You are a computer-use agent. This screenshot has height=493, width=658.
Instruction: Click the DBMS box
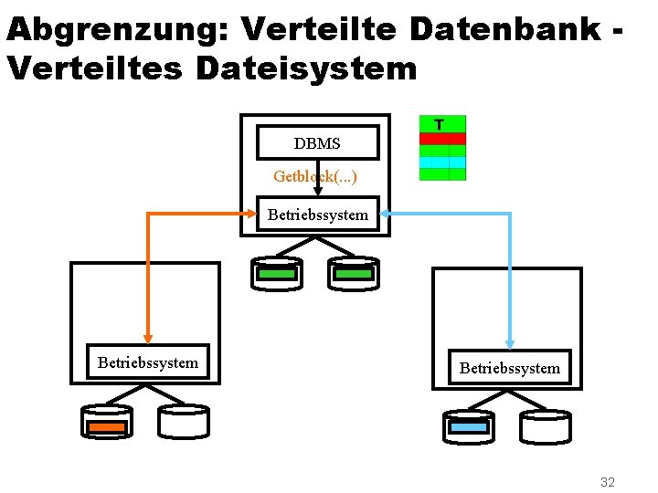click(x=317, y=143)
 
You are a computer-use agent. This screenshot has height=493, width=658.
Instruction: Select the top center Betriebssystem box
click(x=317, y=215)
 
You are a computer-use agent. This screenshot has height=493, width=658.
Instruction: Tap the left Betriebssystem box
click(x=147, y=362)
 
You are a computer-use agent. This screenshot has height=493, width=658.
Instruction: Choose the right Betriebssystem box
click(x=509, y=368)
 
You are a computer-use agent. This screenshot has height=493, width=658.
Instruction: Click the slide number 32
click(x=608, y=481)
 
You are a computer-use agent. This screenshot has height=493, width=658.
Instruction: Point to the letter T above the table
click(x=440, y=124)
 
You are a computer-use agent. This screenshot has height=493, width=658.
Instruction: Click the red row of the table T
click(x=442, y=139)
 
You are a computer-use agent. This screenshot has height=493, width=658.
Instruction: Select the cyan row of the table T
click(x=442, y=162)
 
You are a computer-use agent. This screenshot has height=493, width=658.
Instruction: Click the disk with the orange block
click(x=107, y=424)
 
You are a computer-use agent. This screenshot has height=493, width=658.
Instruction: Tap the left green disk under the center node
click(x=276, y=273)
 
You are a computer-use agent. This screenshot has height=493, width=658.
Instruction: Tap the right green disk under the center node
click(x=354, y=273)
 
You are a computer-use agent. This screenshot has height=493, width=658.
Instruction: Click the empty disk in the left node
click(x=184, y=422)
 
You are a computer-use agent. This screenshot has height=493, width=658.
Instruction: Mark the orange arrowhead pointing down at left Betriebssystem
click(x=147, y=334)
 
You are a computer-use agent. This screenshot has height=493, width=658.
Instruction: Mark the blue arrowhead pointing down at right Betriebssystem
click(x=510, y=340)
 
